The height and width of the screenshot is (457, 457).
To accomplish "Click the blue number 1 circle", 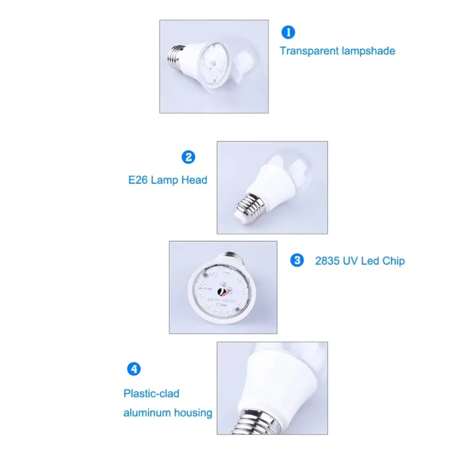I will click(x=289, y=31).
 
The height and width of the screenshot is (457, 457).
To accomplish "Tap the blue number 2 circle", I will click(x=188, y=157).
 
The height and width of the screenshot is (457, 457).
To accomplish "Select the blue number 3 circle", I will click(x=297, y=260).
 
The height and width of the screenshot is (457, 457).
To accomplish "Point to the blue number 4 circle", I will click(x=133, y=369).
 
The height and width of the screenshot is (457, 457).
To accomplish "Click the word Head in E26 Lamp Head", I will click(x=194, y=180).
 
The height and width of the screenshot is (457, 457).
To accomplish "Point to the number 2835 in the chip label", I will click(x=328, y=261).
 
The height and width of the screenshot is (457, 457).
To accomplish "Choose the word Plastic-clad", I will click(x=151, y=394).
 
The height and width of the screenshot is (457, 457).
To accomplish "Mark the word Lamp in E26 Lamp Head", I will click(x=166, y=180).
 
